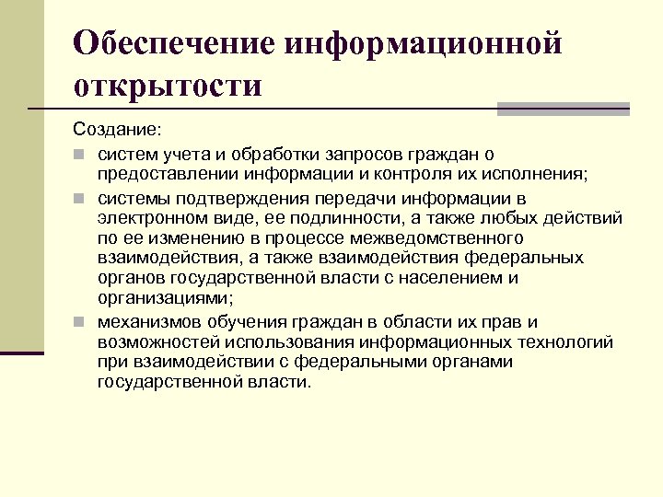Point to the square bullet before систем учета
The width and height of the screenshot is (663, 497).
81,153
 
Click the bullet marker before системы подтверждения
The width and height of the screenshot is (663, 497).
81,199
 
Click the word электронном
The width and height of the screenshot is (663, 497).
144,218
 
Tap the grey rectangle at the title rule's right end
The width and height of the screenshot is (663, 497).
563,109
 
